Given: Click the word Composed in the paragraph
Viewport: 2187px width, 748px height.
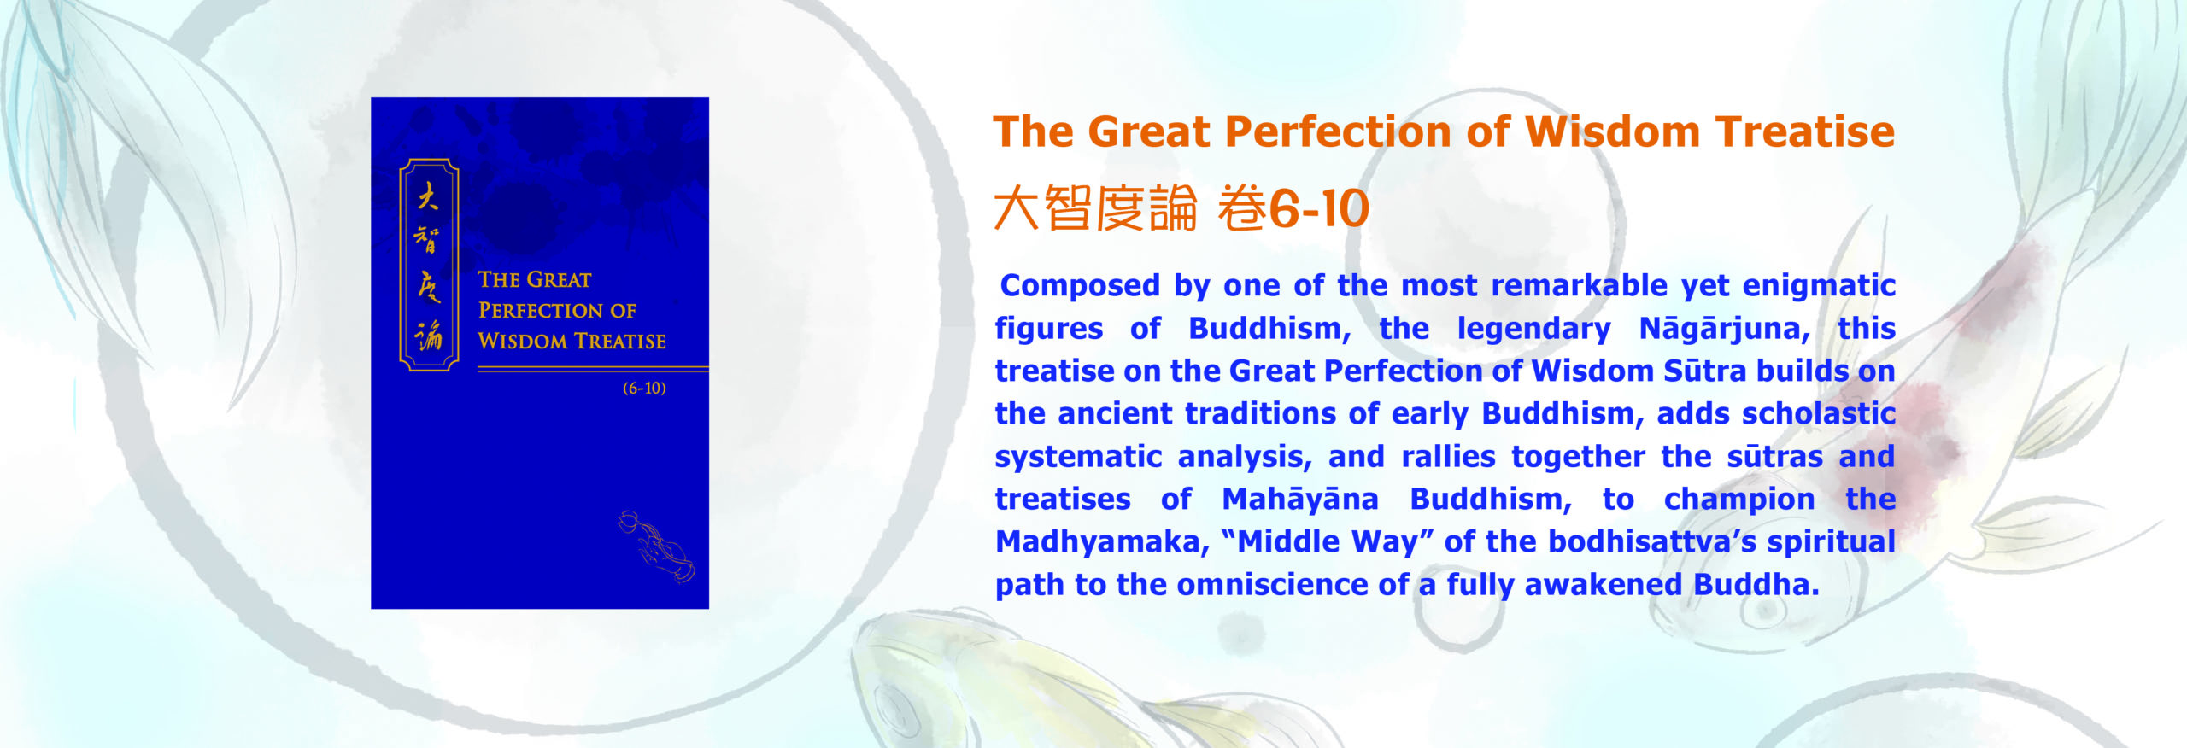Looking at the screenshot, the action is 1079,286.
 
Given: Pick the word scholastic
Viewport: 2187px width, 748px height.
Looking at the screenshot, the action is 1819,413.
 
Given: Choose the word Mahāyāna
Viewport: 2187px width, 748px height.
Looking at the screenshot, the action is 1300,500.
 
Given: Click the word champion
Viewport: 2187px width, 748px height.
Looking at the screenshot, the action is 1739,500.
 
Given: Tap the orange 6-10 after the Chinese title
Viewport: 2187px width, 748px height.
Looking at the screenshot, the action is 1319,209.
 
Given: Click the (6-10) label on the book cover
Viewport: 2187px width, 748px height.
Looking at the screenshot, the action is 644,389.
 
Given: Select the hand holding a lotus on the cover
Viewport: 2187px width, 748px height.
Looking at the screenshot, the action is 656,546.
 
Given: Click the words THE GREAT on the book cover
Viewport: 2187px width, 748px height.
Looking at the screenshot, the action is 534,280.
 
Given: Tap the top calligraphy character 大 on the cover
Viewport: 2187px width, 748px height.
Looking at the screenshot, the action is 428,198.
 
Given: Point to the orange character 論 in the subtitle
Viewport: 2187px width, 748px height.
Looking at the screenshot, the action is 1173,209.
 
